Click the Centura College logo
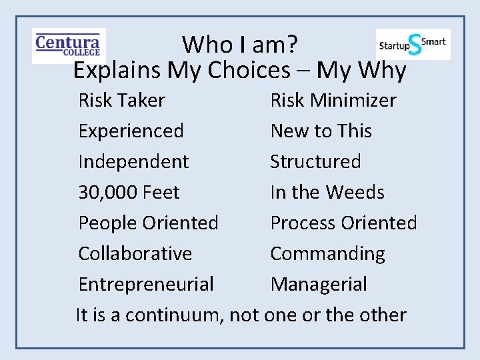(x=68, y=45)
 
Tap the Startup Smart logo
(x=413, y=44)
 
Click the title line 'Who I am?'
(x=240, y=45)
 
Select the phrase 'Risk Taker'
(x=121, y=101)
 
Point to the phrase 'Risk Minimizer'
(x=333, y=101)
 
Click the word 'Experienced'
(x=131, y=131)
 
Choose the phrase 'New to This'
(x=321, y=131)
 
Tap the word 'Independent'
(x=133, y=162)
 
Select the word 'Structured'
(x=315, y=162)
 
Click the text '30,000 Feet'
(x=129, y=193)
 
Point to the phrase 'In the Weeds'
(x=327, y=193)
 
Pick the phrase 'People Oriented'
(x=148, y=223)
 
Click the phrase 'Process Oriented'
(x=343, y=223)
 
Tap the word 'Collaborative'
(x=135, y=254)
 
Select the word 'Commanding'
(x=327, y=254)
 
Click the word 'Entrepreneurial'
(x=146, y=285)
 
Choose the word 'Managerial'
(x=318, y=285)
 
